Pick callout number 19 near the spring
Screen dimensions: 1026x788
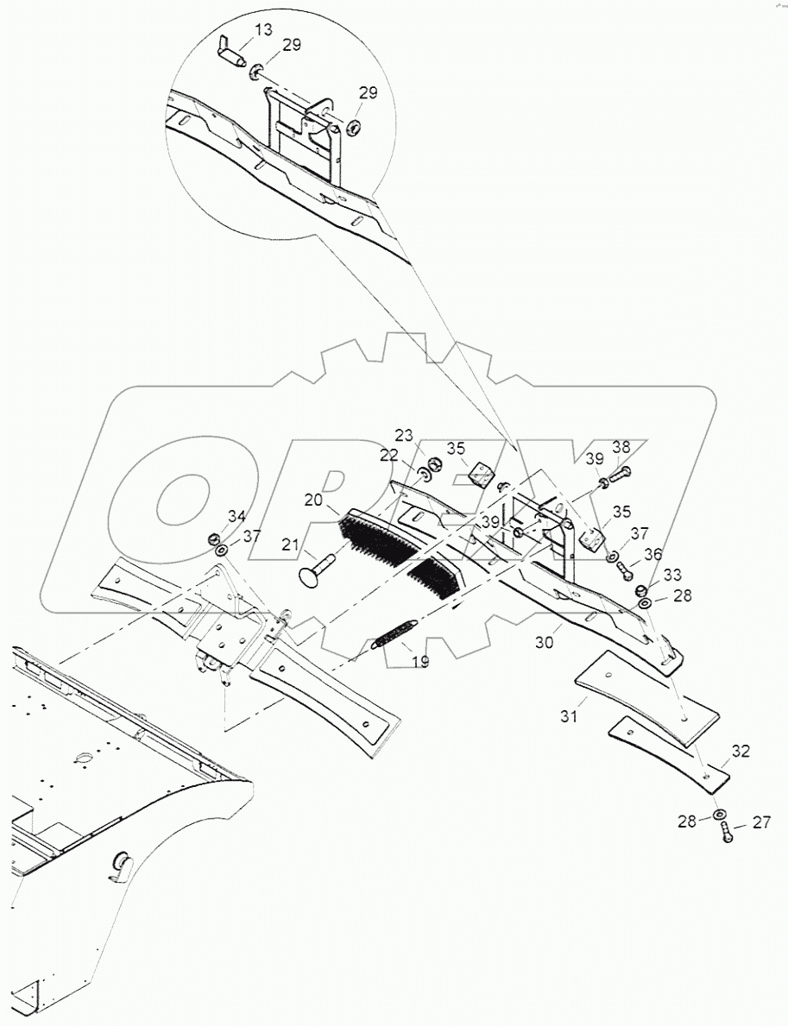click(x=419, y=663)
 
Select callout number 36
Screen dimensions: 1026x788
click(x=652, y=555)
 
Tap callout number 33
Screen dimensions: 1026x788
click(x=672, y=574)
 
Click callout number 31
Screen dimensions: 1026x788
click(x=568, y=715)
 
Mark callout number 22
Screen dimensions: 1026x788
click(x=389, y=456)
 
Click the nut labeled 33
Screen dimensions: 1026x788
click(x=642, y=590)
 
